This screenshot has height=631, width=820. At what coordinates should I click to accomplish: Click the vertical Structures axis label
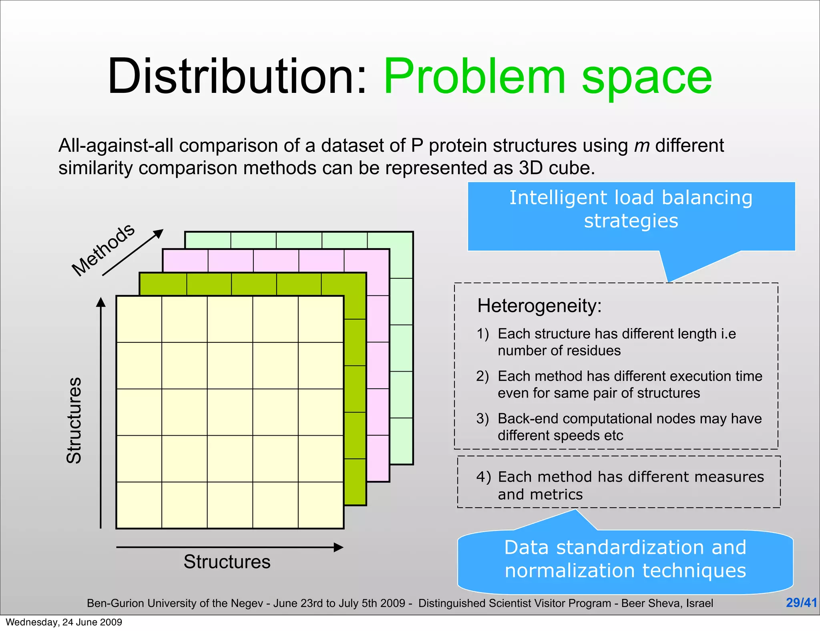click(74, 420)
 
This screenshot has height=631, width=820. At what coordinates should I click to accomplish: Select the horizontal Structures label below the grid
click(227, 562)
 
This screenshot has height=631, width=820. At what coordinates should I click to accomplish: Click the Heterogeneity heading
click(539, 306)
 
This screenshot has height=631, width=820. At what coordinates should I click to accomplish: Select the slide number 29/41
click(801, 603)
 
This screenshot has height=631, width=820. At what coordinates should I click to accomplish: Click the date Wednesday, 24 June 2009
click(64, 622)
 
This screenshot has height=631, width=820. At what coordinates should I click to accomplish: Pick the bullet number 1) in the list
click(483, 334)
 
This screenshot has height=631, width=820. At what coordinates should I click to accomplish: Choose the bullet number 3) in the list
click(483, 419)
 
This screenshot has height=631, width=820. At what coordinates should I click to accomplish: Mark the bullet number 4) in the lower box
click(484, 477)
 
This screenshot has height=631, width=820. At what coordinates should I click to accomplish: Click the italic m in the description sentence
click(642, 146)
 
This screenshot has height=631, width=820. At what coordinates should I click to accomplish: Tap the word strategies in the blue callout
click(631, 221)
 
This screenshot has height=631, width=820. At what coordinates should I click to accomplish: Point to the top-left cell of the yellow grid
click(139, 319)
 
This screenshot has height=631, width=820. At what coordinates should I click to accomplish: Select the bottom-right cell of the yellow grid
click(321, 505)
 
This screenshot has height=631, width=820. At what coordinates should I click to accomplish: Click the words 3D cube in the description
click(554, 168)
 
